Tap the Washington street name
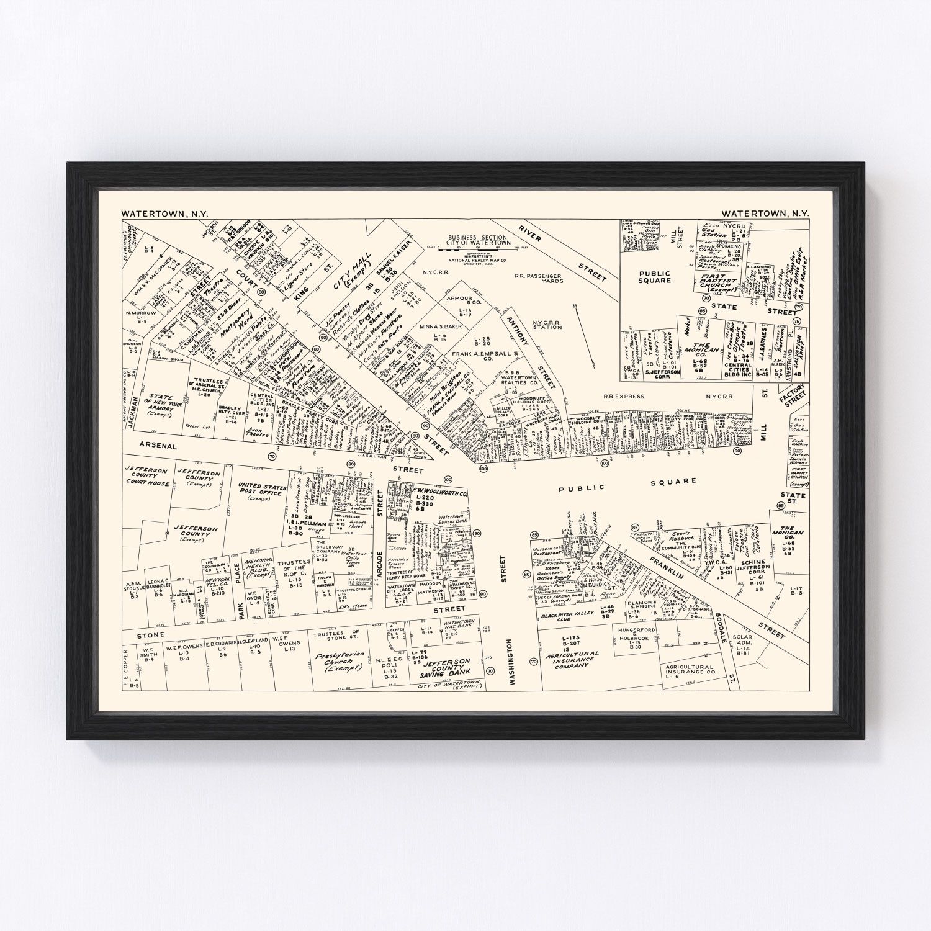[x=513, y=662]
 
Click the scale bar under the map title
[x=478, y=250]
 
